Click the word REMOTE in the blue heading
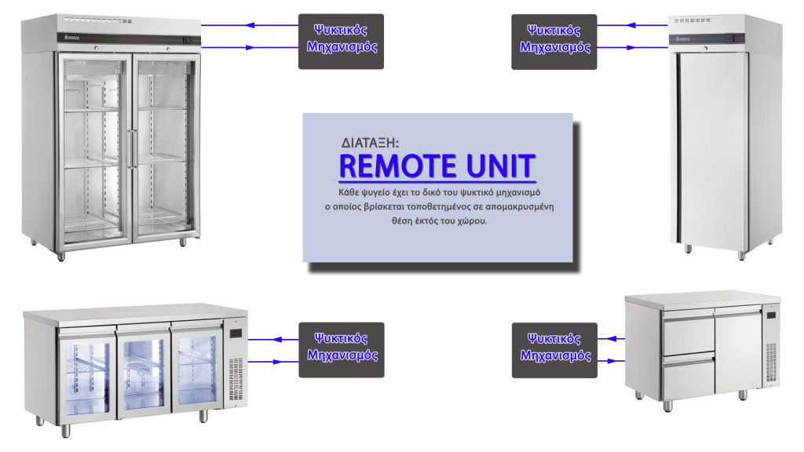tap(398, 166)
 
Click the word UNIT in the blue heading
tap(500, 166)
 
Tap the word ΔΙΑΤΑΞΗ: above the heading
tap(370, 143)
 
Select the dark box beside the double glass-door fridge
tap(341, 42)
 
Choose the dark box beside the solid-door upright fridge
tap(554, 42)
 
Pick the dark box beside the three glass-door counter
tap(342, 350)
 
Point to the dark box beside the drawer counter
tap(555, 351)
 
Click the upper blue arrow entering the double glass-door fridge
tap(250, 25)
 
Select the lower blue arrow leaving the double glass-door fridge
tap(250, 48)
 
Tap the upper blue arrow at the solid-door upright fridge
tap(633, 25)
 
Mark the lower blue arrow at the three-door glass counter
tap(274, 362)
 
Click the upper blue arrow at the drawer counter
tap(611, 339)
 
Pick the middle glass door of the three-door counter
tap(144, 374)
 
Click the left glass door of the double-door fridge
tap(94, 148)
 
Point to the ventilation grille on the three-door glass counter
tap(236, 379)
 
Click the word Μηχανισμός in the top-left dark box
tap(342, 47)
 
